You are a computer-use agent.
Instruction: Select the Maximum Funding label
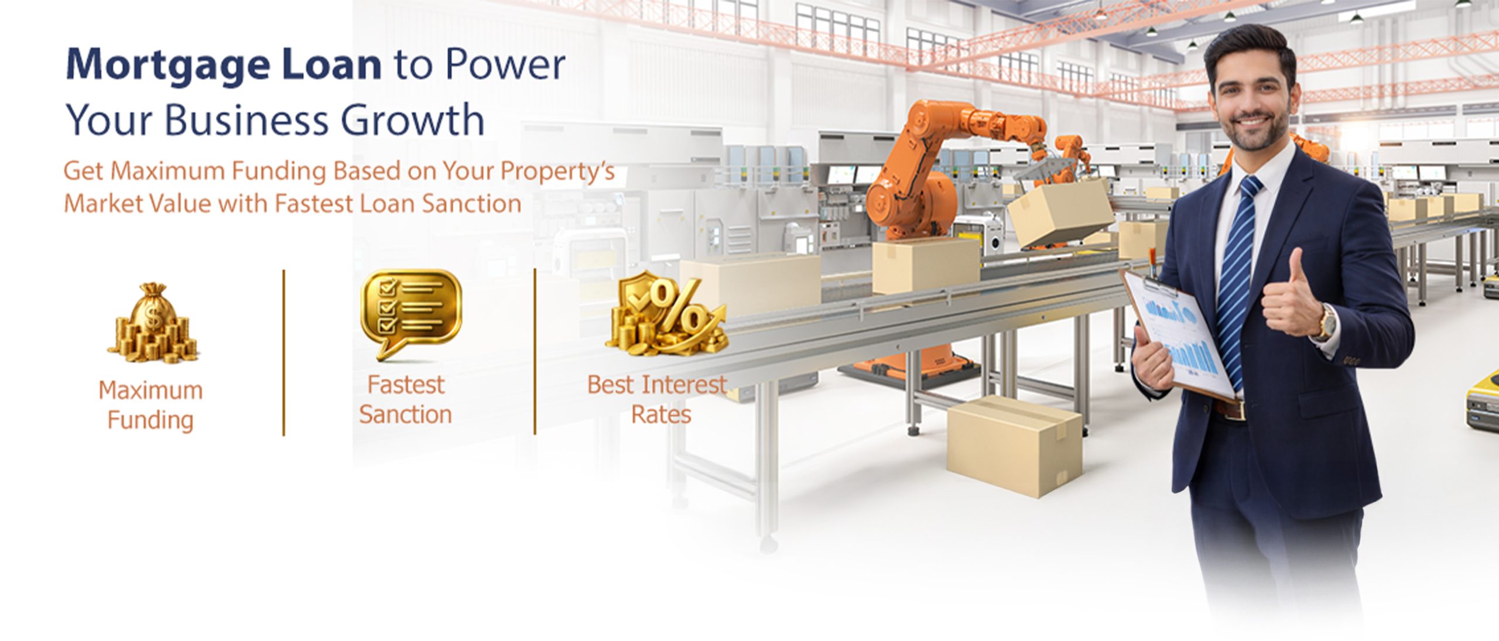click(x=150, y=405)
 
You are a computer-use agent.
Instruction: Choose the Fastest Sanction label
click(x=405, y=400)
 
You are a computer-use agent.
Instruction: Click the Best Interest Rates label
click(x=657, y=400)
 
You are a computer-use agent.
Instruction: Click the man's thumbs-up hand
click(x=1292, y=299)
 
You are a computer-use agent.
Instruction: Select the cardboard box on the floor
click(x=1014, y=446)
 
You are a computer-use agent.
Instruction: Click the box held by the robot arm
click(x=1061, y=211)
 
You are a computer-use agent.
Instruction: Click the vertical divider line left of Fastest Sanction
click(x=283, y=352)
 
